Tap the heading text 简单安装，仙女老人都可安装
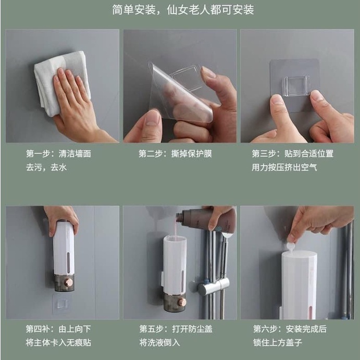coord(183,10)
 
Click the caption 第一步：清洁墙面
coord(58,154)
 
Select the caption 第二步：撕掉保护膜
coord(175,154)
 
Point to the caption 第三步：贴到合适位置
coord(292,154)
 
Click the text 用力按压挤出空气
coord(284,167)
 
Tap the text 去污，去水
coord(46,167)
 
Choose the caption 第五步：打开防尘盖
coord(176,329)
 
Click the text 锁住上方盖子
coord(278,342)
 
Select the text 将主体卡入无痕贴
coord(58,342)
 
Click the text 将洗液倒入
coord(159,342)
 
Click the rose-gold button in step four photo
coord(68,282)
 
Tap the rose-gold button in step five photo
coord(182,302)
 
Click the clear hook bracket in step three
coord(297,86)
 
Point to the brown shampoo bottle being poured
coord(206,219)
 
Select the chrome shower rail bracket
coord(213,286)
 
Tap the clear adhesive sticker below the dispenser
coord(61,304)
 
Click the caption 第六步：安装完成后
coord(290,329)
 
